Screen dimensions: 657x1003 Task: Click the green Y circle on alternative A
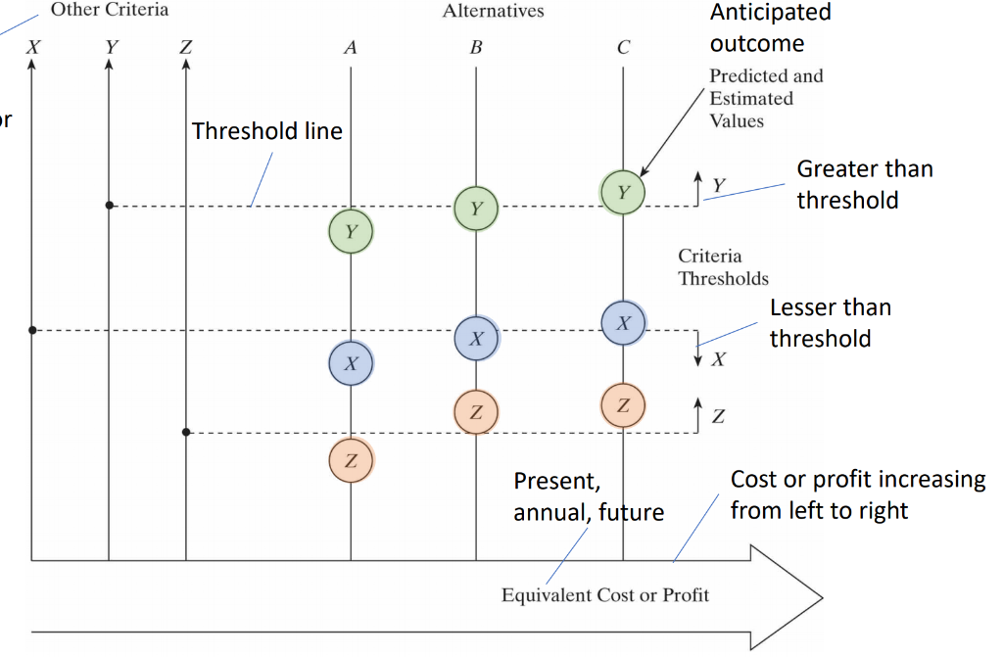[352, 231]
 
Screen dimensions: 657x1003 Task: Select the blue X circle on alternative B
[477, 338]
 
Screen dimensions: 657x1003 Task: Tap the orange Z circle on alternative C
[623, 404]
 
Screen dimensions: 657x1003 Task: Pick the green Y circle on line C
[623, 192]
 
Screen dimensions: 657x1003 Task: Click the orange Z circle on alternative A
[351, 459]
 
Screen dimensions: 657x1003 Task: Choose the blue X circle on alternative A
[352, 362]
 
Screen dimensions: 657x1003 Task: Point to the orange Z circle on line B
[476, 412]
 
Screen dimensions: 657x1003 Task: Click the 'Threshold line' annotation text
[266, 131]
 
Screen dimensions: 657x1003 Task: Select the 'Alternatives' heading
[493, 12]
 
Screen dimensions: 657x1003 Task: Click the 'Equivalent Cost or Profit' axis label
[605, 594]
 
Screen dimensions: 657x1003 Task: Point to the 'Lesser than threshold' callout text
[830, 323]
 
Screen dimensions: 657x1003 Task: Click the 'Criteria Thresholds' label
[723, 267]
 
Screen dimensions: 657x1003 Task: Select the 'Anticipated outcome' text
[770, 27]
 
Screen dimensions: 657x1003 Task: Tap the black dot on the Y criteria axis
[109, 206]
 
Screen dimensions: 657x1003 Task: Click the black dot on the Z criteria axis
[185, 432]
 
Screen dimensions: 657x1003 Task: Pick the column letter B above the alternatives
[476, 47]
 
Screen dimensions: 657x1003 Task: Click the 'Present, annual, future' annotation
[588, 496]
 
